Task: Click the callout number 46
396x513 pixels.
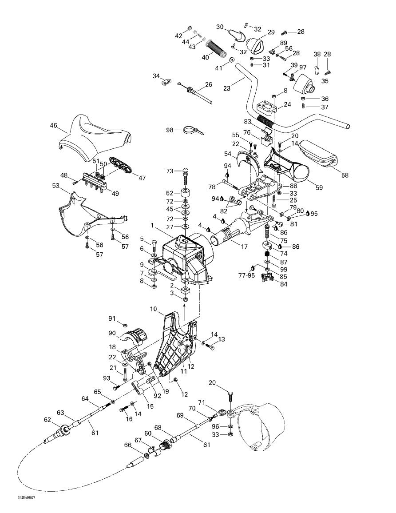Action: (x=53, y=126)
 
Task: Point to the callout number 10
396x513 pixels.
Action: (x=153, y=309)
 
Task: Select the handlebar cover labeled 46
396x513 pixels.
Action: (x=95, y=135)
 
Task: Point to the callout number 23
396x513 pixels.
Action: (x=227, y=88)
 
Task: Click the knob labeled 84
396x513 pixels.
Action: (x=268, y=278)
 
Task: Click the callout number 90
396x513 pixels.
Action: (x=112, y=333)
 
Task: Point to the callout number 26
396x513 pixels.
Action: (x=209, y=84)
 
